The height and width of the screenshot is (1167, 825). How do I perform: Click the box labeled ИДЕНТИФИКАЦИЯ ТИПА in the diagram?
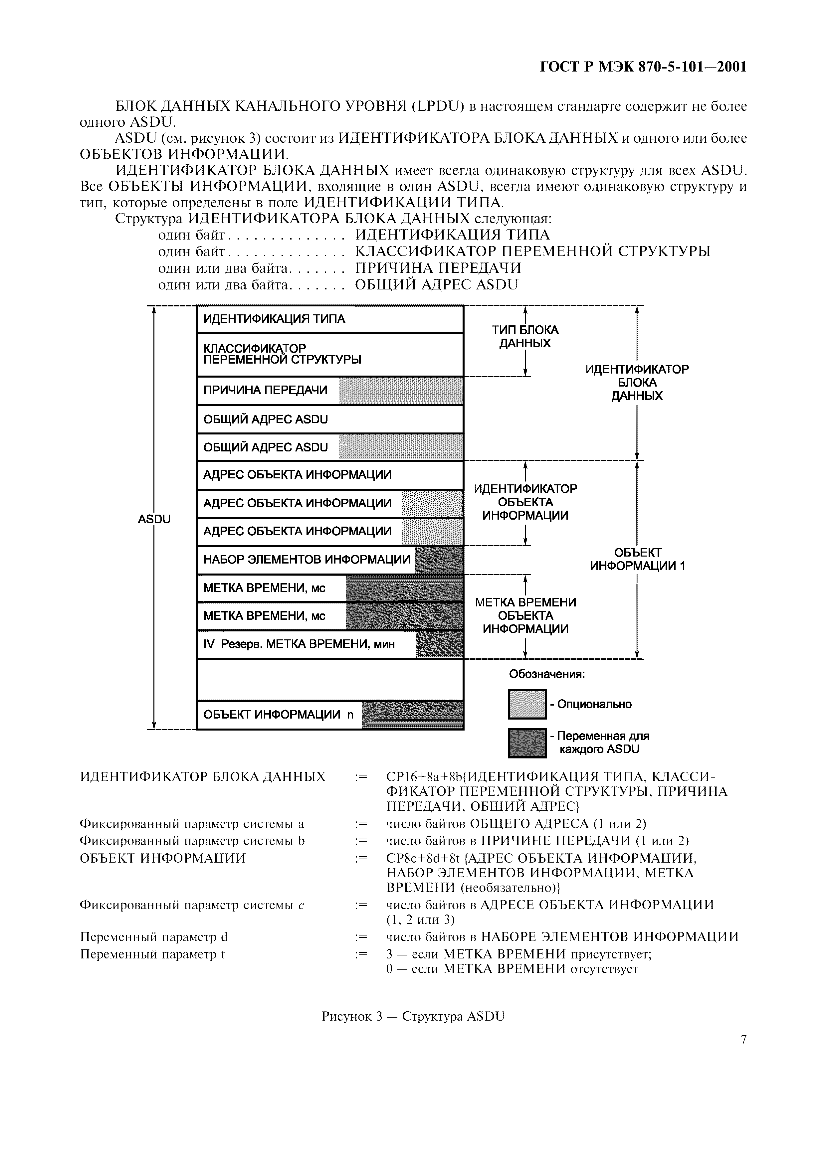click(x=330, y=319)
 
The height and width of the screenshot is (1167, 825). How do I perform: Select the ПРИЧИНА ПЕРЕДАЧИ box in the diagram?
click(x=330, y=390)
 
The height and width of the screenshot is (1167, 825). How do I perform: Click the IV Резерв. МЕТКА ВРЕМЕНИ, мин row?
click(x=330, y=644)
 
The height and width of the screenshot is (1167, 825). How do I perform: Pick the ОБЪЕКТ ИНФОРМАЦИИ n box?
click(x=330, y=715)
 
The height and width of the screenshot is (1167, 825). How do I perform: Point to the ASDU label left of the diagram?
click(x=154, y=519)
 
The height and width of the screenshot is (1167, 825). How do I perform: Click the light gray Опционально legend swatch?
click(x=527, y=704)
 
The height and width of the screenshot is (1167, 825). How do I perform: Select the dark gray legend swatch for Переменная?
click(x=527, y=743)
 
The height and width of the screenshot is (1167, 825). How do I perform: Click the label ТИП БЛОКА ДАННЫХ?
click(x=525, y=336)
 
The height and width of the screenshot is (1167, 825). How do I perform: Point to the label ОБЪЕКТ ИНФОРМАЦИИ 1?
click(x=637, y=559)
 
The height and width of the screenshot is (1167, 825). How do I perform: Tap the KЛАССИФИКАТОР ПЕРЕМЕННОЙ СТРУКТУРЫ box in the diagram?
click(x=330, y=354)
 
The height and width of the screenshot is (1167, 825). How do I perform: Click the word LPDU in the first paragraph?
click(x=437, y=106)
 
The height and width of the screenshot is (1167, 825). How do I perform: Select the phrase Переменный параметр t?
click(x=152, y=954)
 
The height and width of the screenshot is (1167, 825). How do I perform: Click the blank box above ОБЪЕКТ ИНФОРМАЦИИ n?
click(x=330, y=680)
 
